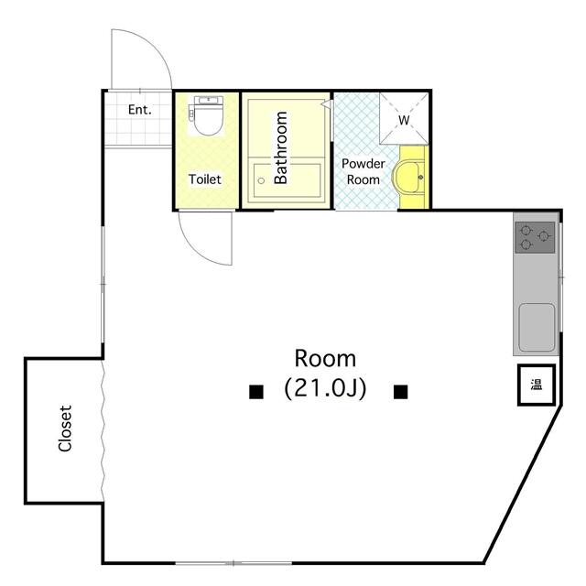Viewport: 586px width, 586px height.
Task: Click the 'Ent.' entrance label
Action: pyautogui.click(x=139, y=110)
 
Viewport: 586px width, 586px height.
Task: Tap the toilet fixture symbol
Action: pyautogui.click(x=206, y=117)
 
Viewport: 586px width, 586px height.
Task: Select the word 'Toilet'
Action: pyautogui.click(x=205, y=179)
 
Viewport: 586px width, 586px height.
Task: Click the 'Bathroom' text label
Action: pyautogui.click(x=281, y=147)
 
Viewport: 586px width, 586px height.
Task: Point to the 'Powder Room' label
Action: pyautogui.click(x=361, y=171)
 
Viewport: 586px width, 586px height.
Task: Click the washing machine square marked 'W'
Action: pyautogui.click(x=404, y=120)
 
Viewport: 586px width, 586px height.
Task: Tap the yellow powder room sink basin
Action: pyautogui.click(x=410, y=176)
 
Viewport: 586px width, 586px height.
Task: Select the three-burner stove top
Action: pyautogui.click(x=535, y=238)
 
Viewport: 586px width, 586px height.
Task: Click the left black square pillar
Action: pyautogui.click(x=256, y=392)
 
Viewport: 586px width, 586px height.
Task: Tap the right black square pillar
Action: pyautogui.click(x=400, y=392)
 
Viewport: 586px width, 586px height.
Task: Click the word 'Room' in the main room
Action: pyautogui.click(x=325, y=358)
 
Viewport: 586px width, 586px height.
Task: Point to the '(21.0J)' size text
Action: pyautogui.click(x=326, y=388)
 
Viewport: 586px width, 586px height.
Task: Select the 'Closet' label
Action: pyautogui.click(x=65, y=429)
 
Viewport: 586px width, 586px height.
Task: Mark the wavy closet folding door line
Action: pyautogui.click(x=103, y=430)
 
